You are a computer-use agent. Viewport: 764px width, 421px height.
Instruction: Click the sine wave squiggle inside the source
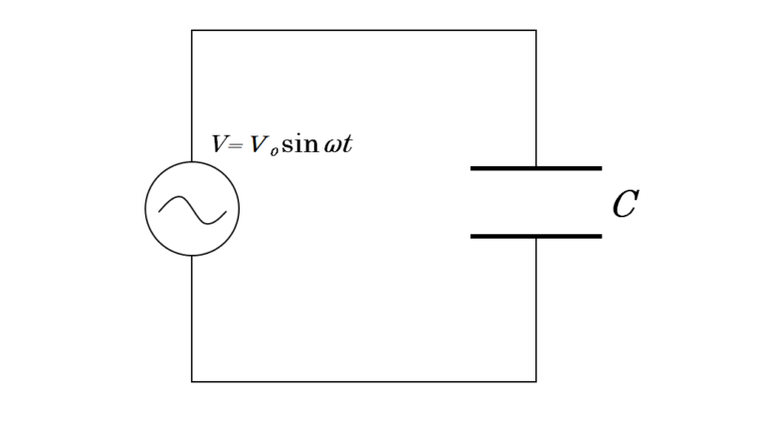click(192, 210)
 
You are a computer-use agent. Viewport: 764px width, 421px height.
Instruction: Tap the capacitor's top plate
click(536, 168)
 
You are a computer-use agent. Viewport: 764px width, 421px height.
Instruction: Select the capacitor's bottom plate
click(536, 236)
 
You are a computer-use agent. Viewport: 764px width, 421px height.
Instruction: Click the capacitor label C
click(626, 204)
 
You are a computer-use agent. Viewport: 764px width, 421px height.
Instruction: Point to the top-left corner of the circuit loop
click(191, 30)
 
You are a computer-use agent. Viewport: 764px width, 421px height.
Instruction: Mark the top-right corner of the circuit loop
click(536, 30)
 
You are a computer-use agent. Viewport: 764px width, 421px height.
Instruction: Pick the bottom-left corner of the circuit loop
click(191, 381)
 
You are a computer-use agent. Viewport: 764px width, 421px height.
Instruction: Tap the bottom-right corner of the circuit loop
click(536, 381)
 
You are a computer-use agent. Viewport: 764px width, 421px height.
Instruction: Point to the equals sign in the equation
click(235, 145)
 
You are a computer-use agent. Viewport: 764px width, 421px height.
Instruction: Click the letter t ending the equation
click(347, 144)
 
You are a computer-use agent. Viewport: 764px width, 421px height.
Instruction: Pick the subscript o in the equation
click(275, 152)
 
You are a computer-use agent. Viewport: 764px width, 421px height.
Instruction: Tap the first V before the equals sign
click(219, 143)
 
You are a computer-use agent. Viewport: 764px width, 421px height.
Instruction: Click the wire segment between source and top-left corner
click(191, 96)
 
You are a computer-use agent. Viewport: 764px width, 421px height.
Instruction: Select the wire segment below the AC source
click(191, 318)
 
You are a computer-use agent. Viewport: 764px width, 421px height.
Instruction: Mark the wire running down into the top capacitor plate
click(536, 98)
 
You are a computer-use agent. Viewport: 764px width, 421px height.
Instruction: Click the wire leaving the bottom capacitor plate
click(536, 310)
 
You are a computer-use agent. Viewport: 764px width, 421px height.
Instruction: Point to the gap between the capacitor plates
click(536, 202)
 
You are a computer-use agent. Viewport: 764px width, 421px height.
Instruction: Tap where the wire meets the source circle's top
click(191, 162)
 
